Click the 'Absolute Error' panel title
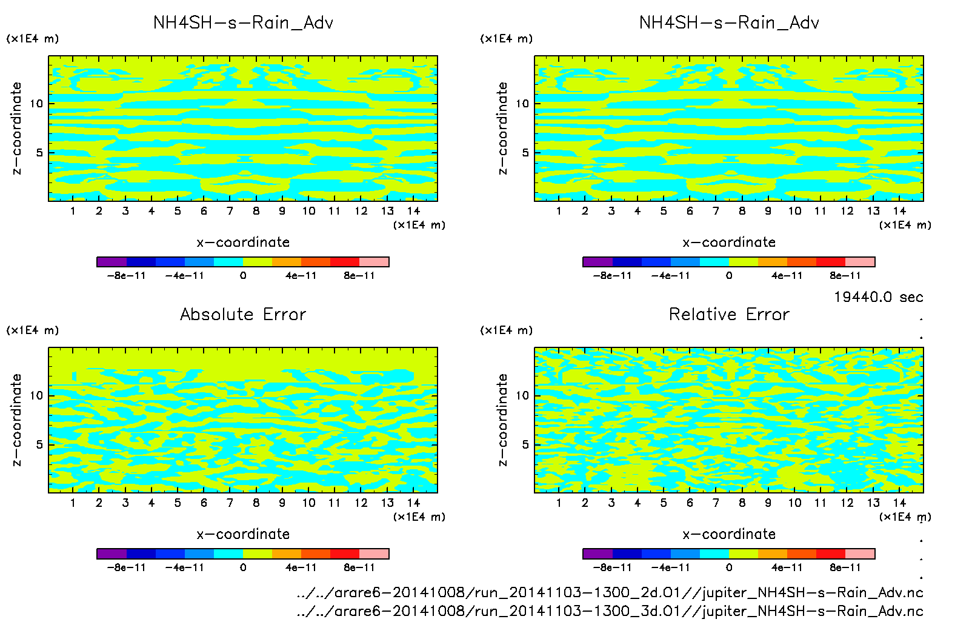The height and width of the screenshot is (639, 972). coord(243,314)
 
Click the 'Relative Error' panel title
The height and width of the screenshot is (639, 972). coord(729,314)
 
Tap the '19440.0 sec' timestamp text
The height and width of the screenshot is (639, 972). coord(878,297)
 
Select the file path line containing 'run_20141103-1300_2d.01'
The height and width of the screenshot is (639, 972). coord(610,592)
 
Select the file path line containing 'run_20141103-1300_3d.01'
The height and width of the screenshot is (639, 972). coord(610,611)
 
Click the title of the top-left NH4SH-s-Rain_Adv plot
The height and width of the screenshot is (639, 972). coord(243,23)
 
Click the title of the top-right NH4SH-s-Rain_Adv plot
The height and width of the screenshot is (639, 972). coord(729,23)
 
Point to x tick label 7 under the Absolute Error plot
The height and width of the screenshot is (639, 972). coord(230,503)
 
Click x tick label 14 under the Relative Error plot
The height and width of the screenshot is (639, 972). coord(899,503)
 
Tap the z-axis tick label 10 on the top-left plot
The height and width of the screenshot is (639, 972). coord(36,104)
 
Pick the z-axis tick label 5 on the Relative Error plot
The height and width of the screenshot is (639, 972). coord(525,444)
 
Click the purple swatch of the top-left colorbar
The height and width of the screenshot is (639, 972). coord(112,262)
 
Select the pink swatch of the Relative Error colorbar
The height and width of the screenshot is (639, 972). coord(860,554)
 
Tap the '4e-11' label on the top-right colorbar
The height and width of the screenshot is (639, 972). coord(787,275)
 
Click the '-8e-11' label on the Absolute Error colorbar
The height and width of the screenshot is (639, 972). coord(126,567)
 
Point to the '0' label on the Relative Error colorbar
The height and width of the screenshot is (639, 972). coord(729,567)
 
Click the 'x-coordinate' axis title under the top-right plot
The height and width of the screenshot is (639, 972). coord(729,243)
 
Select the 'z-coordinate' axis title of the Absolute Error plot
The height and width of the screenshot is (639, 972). coord(16,420)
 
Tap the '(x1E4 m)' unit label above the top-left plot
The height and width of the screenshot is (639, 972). coord(33,39)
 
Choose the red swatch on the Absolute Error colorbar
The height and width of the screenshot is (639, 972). coord(345,554)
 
